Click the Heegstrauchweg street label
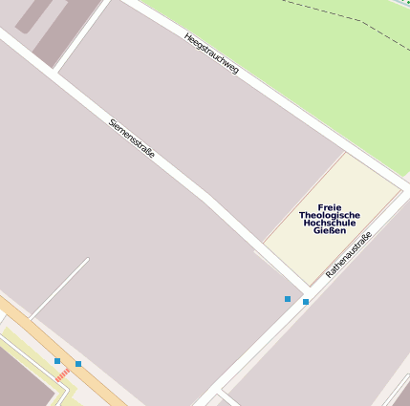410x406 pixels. click(x=211, y=53)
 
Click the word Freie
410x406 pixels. click(x=330, y=207)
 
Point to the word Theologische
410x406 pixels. click(x=330, y=215)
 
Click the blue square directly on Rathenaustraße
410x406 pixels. click(x=306, y=302)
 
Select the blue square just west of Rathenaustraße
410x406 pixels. click(x=288, y=299)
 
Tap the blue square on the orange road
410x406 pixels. click(x=78, y=364)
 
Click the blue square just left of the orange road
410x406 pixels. click(x=57, y=361)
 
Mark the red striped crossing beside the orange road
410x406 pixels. click(x=62, y=377)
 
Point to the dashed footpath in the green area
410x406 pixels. click(x=344, y=18)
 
